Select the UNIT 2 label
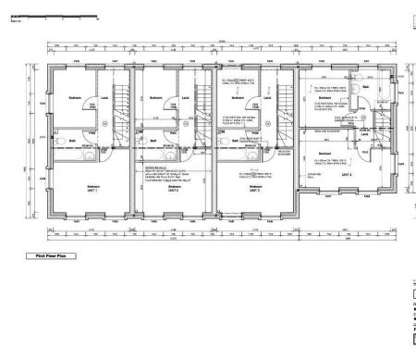click(x=173, y=191)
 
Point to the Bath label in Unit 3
click(x=237, y=141)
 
